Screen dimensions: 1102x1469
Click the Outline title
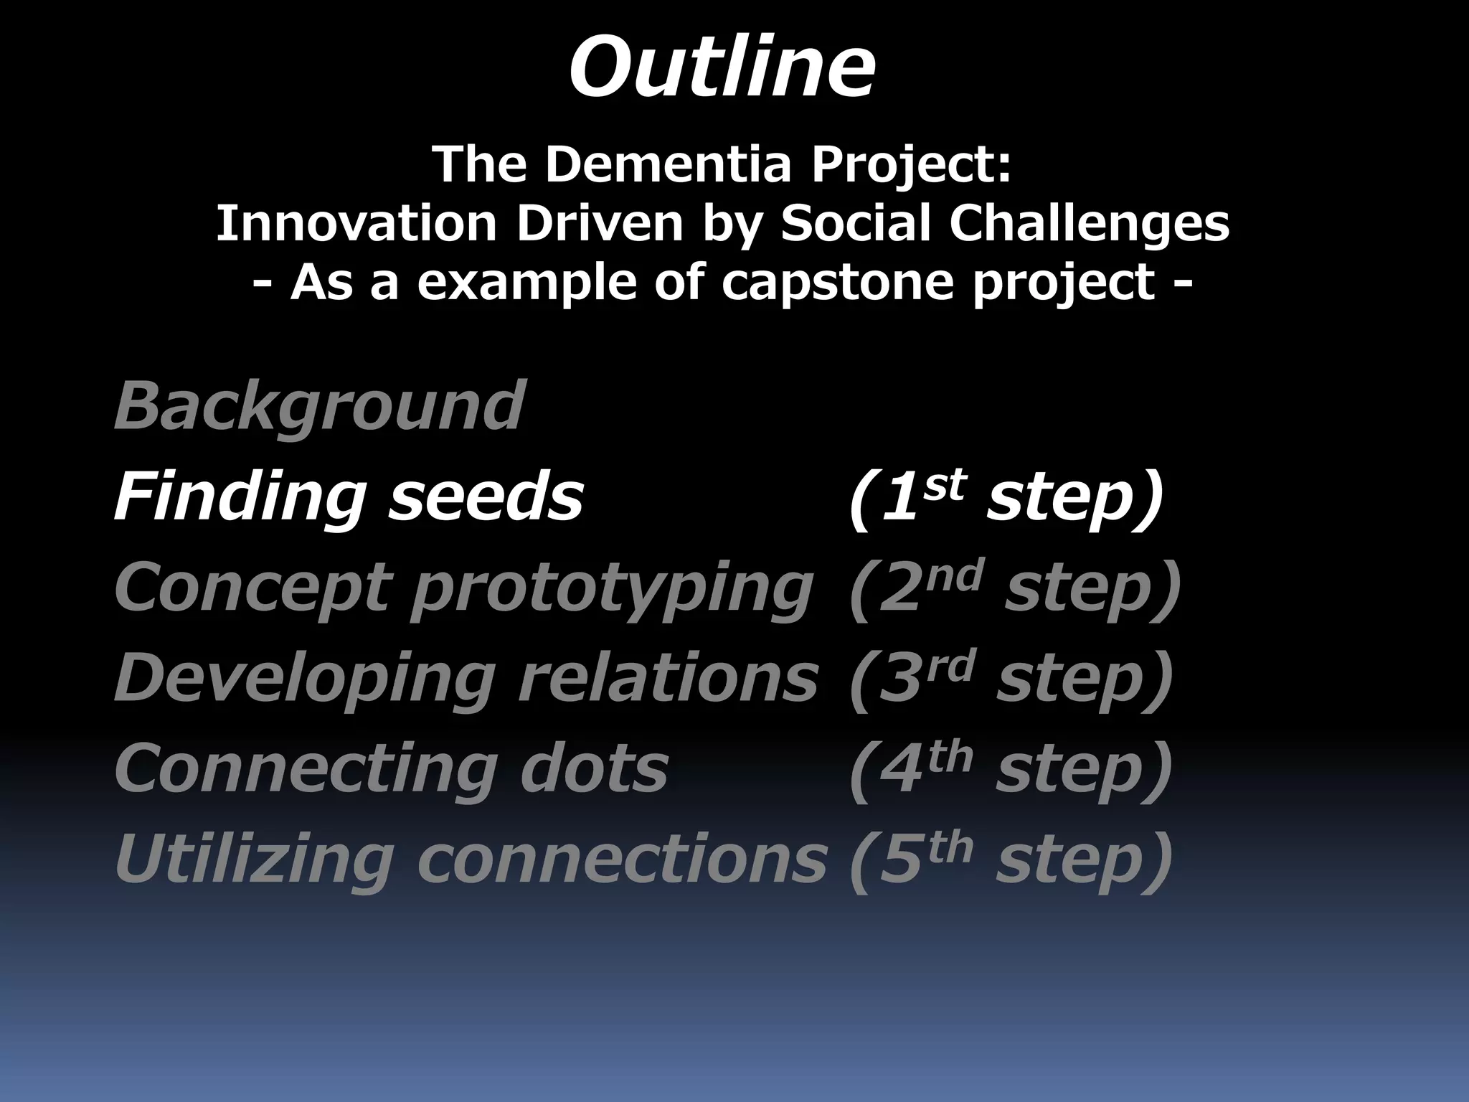pyautogui.click(x=722, y=69)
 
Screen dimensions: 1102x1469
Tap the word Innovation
pyautogui.click(x=356, y=223)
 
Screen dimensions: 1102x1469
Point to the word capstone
pyautogui.click(x=837, y=282)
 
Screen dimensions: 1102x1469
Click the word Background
pyautogui.click(x=319, y=406)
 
